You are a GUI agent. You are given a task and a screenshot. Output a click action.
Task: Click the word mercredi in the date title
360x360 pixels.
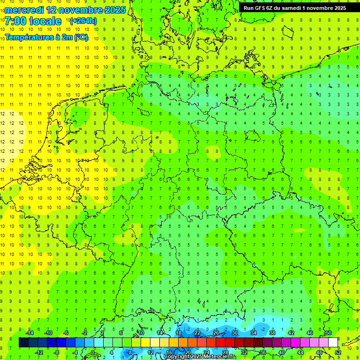pos(25,9)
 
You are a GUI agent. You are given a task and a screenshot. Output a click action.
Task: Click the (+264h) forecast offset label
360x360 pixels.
pos(83,21)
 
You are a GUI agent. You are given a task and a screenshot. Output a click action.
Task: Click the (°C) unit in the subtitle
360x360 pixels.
pos(81,38)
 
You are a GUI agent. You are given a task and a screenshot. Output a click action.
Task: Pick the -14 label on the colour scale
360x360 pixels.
pos(29,333)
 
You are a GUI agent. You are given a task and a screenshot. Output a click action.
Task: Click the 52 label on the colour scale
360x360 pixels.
pos(338,352)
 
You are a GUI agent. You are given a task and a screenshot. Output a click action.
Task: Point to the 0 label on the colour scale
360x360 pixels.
pos(93,352)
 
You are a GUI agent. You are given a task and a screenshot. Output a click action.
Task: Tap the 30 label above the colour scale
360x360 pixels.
pos(235,333)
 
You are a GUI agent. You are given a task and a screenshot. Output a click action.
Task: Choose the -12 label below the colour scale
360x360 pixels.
pos(39,352)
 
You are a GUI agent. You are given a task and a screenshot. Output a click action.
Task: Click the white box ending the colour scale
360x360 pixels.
pos(333,343)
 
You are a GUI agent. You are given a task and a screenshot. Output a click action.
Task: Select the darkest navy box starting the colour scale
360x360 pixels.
pos(23,343)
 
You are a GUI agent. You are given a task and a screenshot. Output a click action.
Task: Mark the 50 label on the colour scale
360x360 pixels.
pos(329,333)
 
